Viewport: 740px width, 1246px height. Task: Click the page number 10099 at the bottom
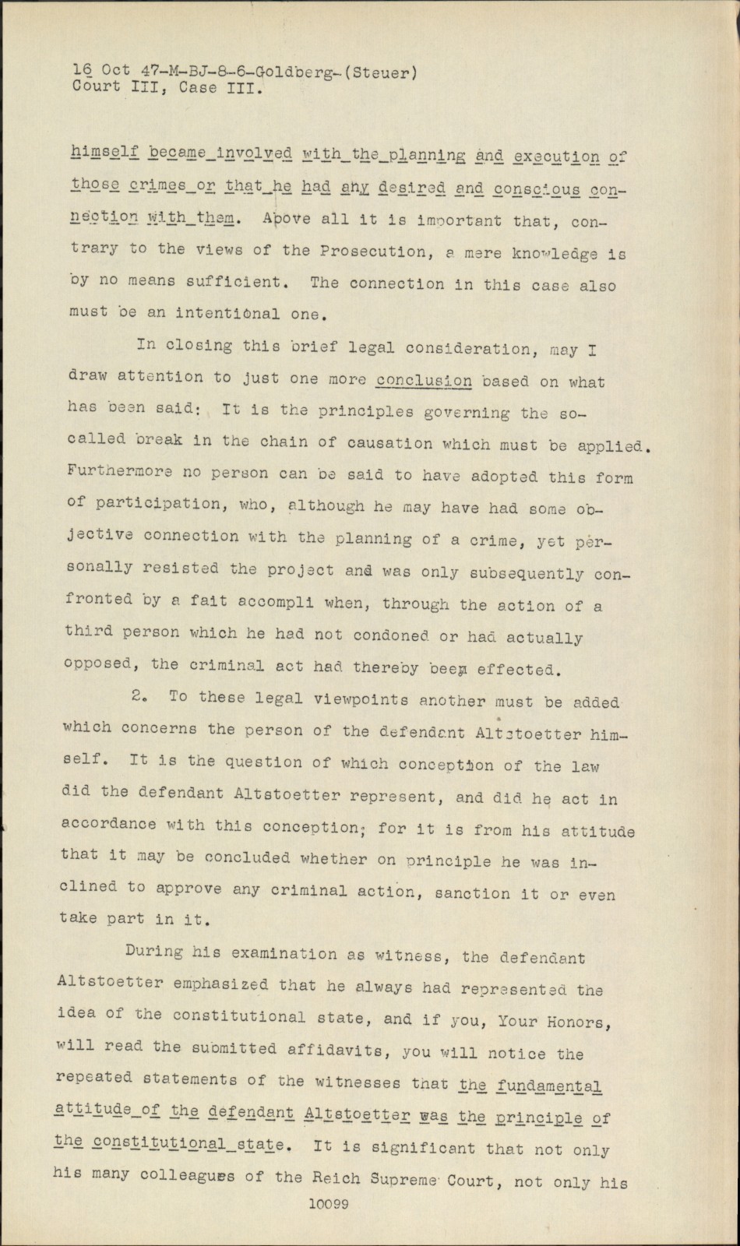pos(328,1203)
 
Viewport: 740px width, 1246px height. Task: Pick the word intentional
pos(227,314)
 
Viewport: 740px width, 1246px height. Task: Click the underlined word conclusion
pos(424,381)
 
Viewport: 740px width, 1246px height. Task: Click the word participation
pos(147,503)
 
